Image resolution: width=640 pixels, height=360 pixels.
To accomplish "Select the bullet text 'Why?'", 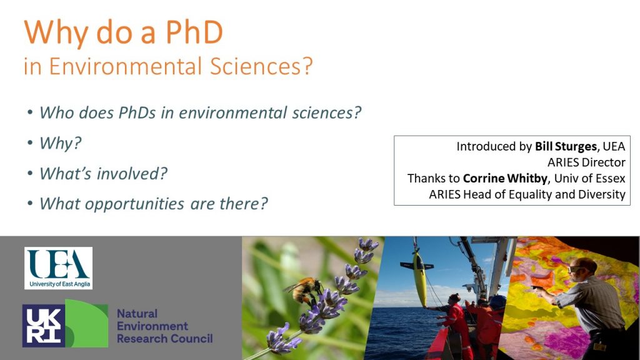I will pos(61,143).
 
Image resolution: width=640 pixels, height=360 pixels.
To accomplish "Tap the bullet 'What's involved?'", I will pos(103,173).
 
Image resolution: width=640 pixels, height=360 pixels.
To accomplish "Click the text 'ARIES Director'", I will pos(586,162).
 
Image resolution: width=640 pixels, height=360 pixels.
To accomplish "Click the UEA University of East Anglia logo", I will pos(58,267).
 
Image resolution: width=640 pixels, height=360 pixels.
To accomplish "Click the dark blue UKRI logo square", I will pos(43,326).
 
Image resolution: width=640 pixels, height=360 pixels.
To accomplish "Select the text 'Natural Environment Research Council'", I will pos(164,326).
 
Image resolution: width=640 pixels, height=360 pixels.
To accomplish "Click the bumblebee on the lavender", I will pos(303,289).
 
